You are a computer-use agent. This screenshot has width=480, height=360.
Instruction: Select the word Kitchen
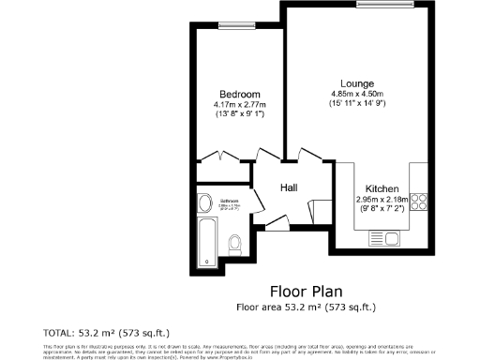pos(382,188)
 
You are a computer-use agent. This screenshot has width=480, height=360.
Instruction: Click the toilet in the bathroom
pos(236,245)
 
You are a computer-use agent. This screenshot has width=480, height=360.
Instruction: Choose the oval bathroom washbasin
pos(204,202)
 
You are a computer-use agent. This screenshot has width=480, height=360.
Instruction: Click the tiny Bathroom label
pos(230,201)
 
